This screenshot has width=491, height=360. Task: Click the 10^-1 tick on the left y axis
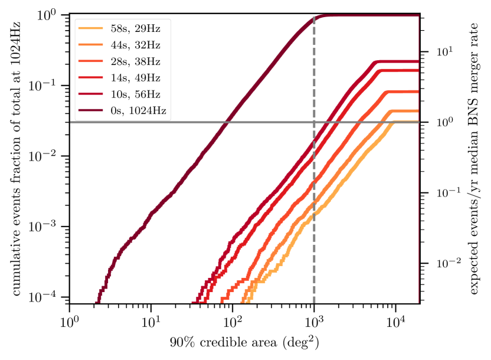(50, 86)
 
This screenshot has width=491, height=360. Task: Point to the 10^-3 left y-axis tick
(50, 227)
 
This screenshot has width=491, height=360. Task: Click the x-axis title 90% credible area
(244, 342)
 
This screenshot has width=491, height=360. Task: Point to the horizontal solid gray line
(148, 122)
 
